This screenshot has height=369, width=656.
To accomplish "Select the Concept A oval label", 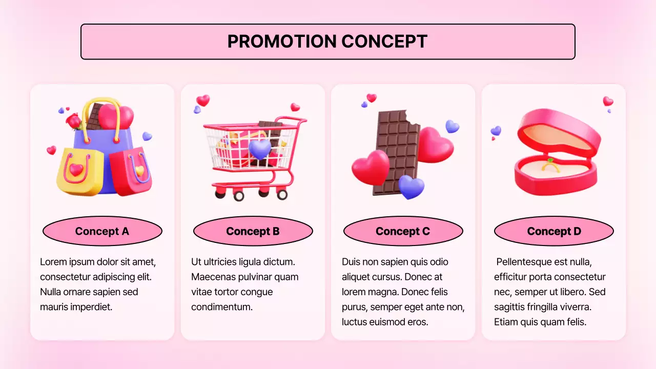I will [102, 231].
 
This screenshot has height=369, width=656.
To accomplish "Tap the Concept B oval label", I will [253, 231].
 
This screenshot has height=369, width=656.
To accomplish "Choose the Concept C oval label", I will [403, 231].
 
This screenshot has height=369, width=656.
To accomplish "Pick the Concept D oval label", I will [553, 231].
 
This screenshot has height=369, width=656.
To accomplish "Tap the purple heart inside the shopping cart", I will [260, 149].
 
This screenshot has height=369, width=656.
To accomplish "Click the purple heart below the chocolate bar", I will [411, 187].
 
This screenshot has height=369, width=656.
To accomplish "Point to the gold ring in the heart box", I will [550, 166].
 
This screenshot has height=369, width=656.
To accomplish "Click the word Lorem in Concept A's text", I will [53, 262].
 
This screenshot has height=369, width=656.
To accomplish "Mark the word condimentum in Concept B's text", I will [222, 307].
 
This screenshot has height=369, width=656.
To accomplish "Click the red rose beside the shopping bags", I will [74, 121].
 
